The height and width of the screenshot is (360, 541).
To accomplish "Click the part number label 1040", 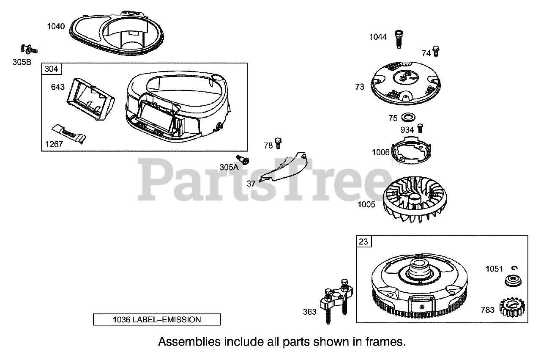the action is [x=56, y=27].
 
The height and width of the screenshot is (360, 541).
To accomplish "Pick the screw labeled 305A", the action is [x=243, y=159].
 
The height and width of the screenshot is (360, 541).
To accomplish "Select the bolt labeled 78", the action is [x=278, y=143].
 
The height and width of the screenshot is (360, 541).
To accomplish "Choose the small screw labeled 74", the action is [x=437, y=51].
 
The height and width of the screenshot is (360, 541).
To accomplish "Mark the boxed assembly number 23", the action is [x=363, y=242].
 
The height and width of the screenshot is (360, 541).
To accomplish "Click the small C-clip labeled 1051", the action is [x=515, y=267].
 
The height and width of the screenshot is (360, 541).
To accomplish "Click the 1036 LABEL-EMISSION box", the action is [x=157, y=319].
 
